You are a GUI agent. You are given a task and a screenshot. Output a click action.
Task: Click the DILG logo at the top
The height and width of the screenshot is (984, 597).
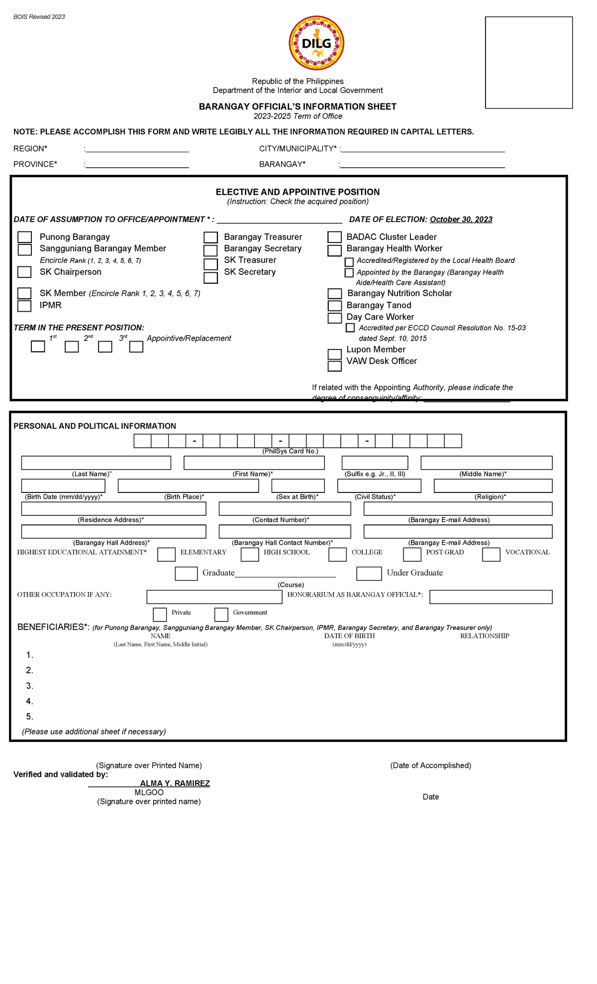click(316, 43)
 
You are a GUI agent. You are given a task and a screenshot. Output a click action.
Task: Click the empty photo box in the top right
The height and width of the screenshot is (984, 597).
click(528, 62)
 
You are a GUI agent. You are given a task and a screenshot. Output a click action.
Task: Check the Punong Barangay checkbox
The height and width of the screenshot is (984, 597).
click(25, 237)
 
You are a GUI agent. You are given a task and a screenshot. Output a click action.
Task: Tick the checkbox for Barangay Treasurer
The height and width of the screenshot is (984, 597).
click(211, 238)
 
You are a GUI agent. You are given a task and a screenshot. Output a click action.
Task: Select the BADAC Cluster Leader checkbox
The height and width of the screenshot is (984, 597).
click(334, 237)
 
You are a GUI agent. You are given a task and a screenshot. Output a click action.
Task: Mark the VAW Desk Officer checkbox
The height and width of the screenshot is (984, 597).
click(334, 366)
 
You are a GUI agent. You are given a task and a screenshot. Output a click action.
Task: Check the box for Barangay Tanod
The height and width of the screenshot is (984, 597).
click(334, 306)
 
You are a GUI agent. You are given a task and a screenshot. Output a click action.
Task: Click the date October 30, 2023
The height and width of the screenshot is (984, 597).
click(461, 220)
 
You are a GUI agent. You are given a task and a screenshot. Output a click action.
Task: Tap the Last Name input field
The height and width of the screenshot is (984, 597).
click(96, 463)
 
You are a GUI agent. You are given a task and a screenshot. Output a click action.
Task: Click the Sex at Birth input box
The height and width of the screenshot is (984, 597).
click(298, 486)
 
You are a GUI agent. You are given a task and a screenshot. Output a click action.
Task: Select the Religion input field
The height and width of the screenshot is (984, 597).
click(493, 486)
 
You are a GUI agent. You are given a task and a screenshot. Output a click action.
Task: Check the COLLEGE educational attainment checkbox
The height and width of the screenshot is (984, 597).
click(337, 554)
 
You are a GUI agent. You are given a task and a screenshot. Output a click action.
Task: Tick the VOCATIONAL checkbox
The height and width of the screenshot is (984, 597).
click(491, 554)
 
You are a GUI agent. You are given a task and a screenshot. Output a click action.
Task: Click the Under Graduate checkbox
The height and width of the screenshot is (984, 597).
click(369, 574)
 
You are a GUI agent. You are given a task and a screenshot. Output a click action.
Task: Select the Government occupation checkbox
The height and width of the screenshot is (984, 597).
click(221, 615)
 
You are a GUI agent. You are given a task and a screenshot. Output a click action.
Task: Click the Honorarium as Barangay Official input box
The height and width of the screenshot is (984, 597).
click(491, 597)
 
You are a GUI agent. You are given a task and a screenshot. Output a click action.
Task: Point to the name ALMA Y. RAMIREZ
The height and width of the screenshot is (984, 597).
click(175, 783)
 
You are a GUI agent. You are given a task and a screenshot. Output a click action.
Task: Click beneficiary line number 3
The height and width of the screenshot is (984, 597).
click(30, 686)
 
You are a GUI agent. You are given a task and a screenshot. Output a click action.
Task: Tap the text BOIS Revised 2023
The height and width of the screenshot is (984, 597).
click(39, 17)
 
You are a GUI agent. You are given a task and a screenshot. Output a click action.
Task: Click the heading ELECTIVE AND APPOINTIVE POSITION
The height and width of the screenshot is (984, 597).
click(298, 192)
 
